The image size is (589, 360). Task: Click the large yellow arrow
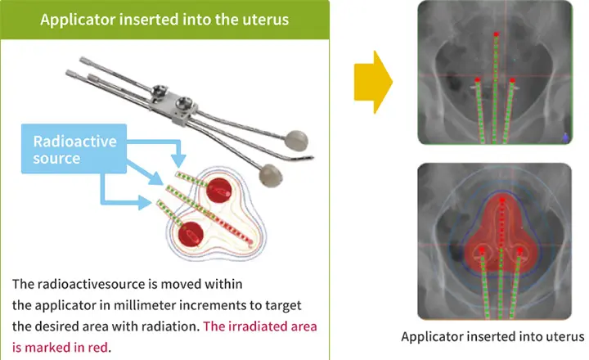tap(373, 82)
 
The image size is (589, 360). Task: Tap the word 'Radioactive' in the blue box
tap(74, 142)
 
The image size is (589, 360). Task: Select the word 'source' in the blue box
tap(56, 158)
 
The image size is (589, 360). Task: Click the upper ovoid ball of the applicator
tap(296, 141)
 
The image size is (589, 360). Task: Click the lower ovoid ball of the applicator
tap(270, 175)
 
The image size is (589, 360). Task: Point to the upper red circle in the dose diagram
tap(218, 190)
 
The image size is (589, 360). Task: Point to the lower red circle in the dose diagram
tap(191, 234)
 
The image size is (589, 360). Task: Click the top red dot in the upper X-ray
tap(496, 34)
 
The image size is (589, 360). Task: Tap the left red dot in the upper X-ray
tap(477, 79)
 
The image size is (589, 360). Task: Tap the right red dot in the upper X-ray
tap(512, 80)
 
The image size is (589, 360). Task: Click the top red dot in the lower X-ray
tap(501, 200)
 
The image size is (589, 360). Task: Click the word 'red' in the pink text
tap(98, 347)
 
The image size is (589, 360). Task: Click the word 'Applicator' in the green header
tap(78, 20)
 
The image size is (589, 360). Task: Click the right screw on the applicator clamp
tap(184, 101)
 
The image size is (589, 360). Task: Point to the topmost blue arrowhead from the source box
tap(180, 160)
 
